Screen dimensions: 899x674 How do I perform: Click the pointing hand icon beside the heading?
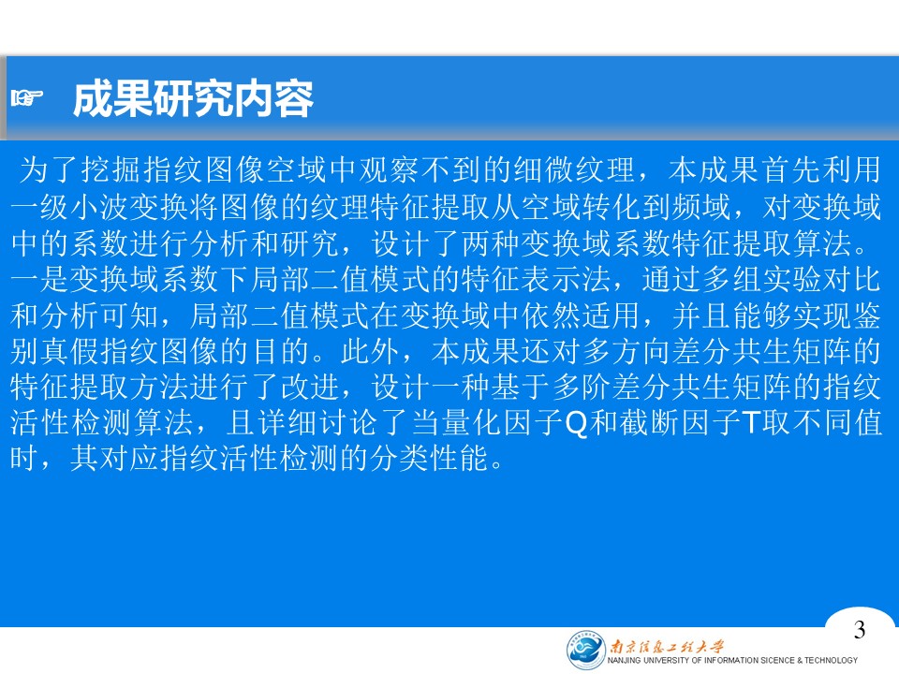click(x=26, y=98)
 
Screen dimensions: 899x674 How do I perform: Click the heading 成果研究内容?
click(x=193, y=99)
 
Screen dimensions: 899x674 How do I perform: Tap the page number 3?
click(x=859, y=630)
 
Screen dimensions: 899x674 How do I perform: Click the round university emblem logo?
click(x=585, y=650)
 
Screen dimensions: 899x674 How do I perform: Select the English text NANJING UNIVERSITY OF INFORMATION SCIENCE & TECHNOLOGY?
click(x=732, y=661)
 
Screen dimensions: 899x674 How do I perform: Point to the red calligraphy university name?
click(x=667, y=647)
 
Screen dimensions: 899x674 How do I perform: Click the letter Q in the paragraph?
click(x=576, y=423)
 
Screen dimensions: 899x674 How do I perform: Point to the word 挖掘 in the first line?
click(x=111, y=169)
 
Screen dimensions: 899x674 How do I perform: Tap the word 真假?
click(x=70, y=351)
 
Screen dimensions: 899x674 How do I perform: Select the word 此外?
click(x=371, y=351)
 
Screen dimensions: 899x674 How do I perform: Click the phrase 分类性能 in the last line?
click(x=430, y=459)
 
